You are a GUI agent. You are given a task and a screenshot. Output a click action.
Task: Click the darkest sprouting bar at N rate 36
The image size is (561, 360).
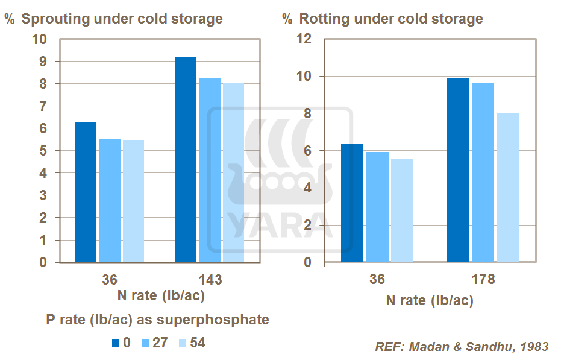[86, 192]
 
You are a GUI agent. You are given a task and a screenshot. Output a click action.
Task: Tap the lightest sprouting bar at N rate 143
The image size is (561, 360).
[233, 173]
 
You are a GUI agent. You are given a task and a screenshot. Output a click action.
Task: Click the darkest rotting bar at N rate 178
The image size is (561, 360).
[459, 170]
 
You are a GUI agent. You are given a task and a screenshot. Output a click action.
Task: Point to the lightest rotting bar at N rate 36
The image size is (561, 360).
[402, 210]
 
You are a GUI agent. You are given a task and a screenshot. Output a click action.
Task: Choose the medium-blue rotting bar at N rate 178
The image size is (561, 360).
[483, 172]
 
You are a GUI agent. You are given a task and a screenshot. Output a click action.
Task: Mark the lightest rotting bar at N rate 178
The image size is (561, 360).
[507, 188]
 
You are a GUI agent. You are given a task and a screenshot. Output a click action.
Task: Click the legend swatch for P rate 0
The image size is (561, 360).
[116, 343]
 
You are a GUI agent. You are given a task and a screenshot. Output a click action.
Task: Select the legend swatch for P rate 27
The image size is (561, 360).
[145, 343]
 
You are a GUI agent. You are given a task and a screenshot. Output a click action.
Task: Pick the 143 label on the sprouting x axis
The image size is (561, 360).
[210, 280]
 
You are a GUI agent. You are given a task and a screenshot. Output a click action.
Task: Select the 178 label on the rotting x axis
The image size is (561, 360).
[483, 280]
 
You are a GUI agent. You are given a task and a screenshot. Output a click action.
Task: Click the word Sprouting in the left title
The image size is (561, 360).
[55, 19]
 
